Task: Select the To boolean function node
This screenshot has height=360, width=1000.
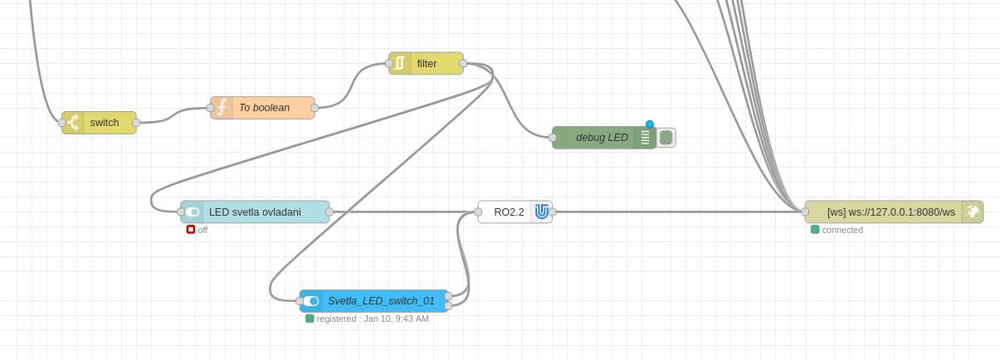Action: (x=263, y=108)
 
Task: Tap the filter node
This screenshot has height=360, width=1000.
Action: (x=427, y=64)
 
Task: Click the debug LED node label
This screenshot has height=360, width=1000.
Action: (x=602, y=138)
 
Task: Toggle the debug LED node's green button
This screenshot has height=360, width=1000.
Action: (x=666, y=138)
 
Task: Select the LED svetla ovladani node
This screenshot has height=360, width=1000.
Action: (x=255, y=212)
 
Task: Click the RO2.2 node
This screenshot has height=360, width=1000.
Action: (x=509, y=212)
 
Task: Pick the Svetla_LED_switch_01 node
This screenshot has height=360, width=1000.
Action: (x=380, y=301)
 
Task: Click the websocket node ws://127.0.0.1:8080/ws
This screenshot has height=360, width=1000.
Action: (x=890, y=212)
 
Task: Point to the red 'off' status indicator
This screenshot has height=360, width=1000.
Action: (x=191, y=230)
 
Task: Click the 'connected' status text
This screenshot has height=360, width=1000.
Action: (x=842, y=230)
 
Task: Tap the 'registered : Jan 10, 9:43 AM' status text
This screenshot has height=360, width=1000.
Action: (x=373, y=319)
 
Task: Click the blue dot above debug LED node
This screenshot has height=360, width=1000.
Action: (x=650, y=124)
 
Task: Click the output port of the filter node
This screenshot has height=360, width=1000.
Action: (x=463, y=64)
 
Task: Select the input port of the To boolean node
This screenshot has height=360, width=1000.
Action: (x=211, y=108)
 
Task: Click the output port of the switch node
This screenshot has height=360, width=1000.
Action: (x=136, y=123)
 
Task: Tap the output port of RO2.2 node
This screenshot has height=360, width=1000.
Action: (x=552, y=212)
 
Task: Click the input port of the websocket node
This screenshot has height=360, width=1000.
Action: (x=805, y=212)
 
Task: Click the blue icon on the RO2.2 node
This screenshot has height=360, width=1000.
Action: (x=541, y=212)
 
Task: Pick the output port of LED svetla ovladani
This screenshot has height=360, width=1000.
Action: (x=329, y=212)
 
